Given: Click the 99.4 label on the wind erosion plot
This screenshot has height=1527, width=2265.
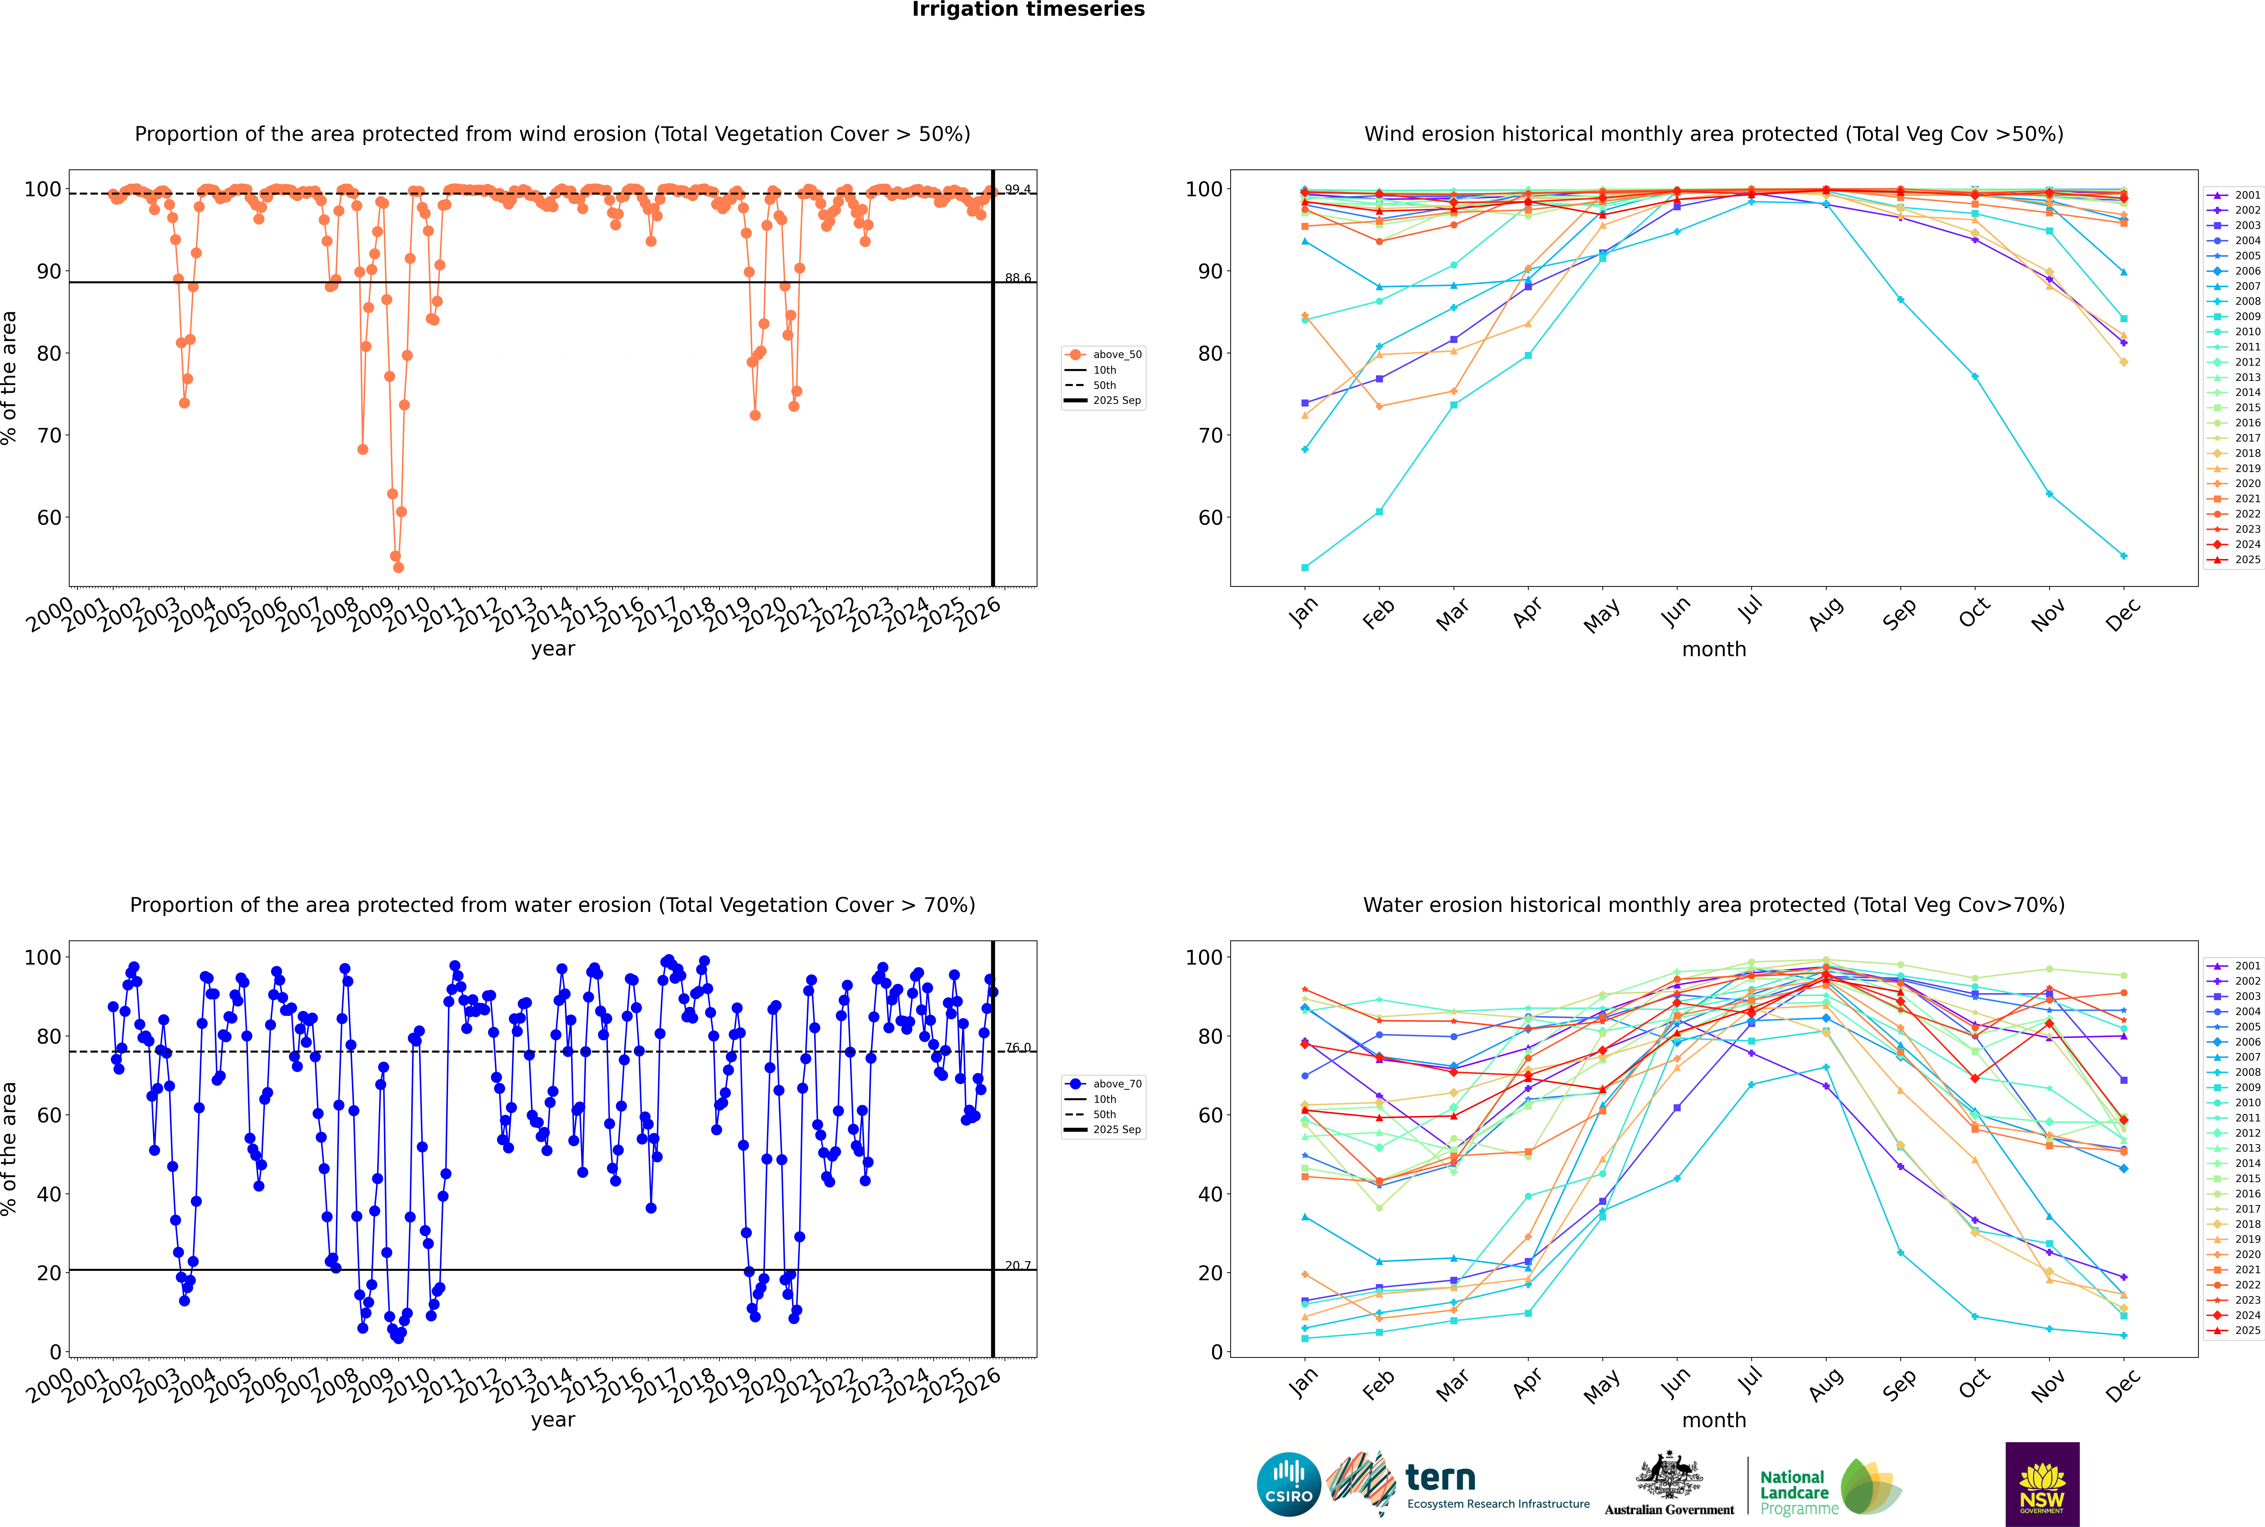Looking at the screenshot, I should [x=1018, y=189].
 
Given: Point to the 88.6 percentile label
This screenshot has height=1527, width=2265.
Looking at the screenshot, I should [x=1018, y=277].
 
